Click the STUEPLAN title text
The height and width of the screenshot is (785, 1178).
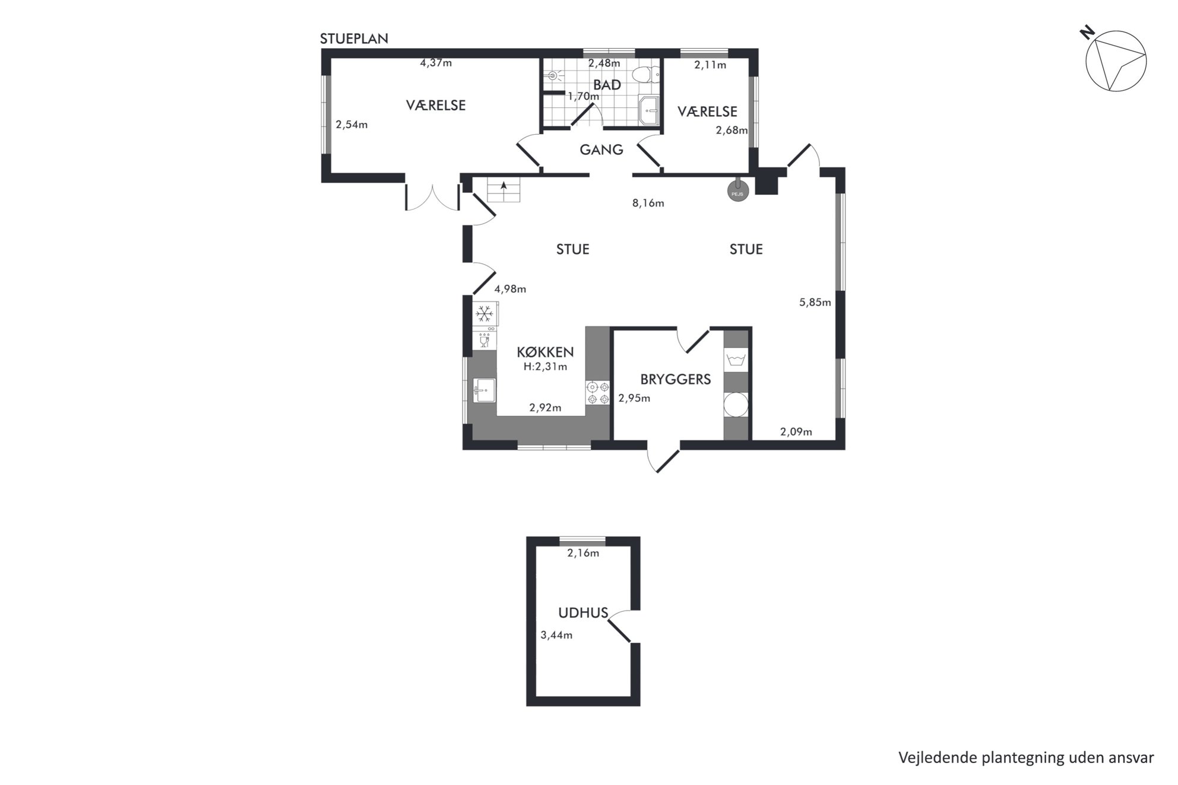tap(354, 39)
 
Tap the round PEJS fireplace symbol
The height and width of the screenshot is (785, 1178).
tap(738, 191)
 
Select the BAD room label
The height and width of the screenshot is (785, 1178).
tap(607, 85)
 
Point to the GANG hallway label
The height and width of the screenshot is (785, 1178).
tap(601, 150)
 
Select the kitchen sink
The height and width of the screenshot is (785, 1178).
tap(484, 390)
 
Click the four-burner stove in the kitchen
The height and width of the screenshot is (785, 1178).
tap(598, 393)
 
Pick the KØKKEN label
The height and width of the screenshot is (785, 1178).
tap(545, 352)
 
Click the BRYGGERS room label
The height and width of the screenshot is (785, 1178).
tap(676, 379)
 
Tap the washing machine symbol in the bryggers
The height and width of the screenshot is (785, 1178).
tap(736, 360)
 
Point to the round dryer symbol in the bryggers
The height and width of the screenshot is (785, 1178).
tap(736, 405)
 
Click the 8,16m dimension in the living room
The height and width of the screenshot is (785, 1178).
tap(648, 203)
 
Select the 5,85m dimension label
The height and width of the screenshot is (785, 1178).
tap(815, 302)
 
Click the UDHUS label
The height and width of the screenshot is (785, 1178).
tap(583, 613)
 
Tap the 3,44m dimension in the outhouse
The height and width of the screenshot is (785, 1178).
tap(556, 635)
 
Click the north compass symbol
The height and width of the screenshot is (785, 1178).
tap(1115, 60)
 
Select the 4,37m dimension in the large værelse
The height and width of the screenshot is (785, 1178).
tap(436, 62)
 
